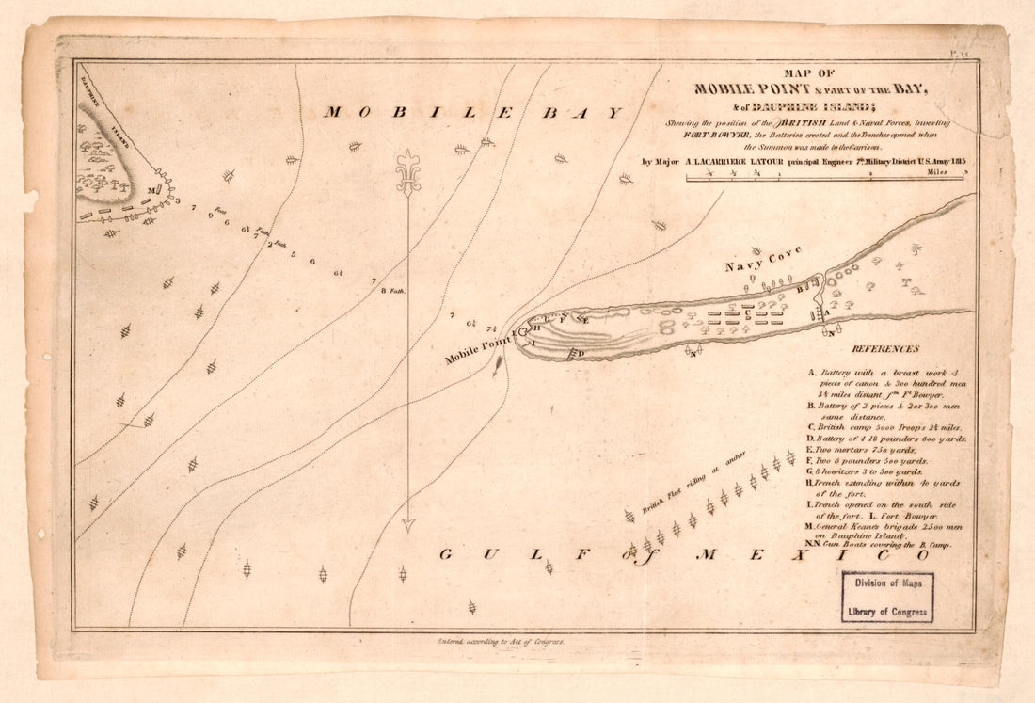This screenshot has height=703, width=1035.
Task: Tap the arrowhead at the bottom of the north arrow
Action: click(x=407, y=524)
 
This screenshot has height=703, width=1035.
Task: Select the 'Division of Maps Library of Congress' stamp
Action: click(x=887, y=597)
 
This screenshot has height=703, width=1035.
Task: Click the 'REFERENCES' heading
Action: click(x=884, y=348)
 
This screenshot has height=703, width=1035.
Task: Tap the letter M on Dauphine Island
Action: click(x=151, y=190)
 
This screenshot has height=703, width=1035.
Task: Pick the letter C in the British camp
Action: click(x=746, y=315)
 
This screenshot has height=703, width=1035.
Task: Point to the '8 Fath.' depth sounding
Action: click(x=390, y=291)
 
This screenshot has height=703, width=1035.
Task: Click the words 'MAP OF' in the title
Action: click(x=810, y=73)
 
